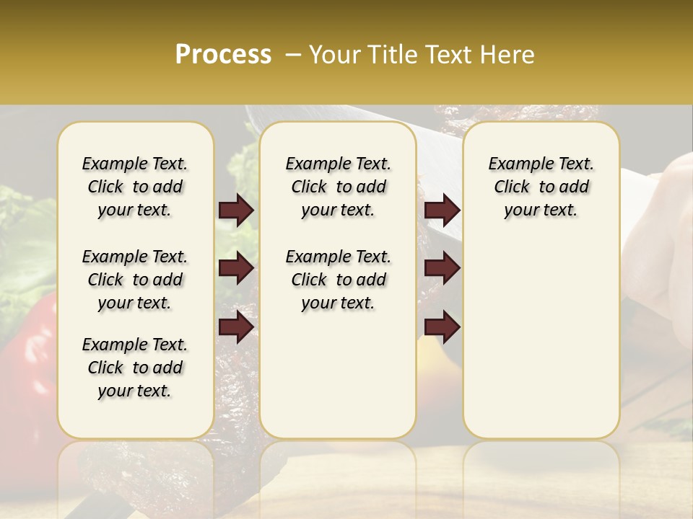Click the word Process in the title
point(223,55)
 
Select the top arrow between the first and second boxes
point(236,210)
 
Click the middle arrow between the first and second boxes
point(236,269)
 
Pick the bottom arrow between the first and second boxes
point(236,327)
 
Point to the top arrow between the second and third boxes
point(442,210)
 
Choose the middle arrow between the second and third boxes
point(442,269)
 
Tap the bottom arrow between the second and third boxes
point(442,327)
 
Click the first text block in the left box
point(135,187)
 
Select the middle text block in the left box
point(135,280)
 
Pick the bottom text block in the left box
point(135,368)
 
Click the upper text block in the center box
point(338,187)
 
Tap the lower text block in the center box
point(338,280)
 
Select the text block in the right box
point(541,187)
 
